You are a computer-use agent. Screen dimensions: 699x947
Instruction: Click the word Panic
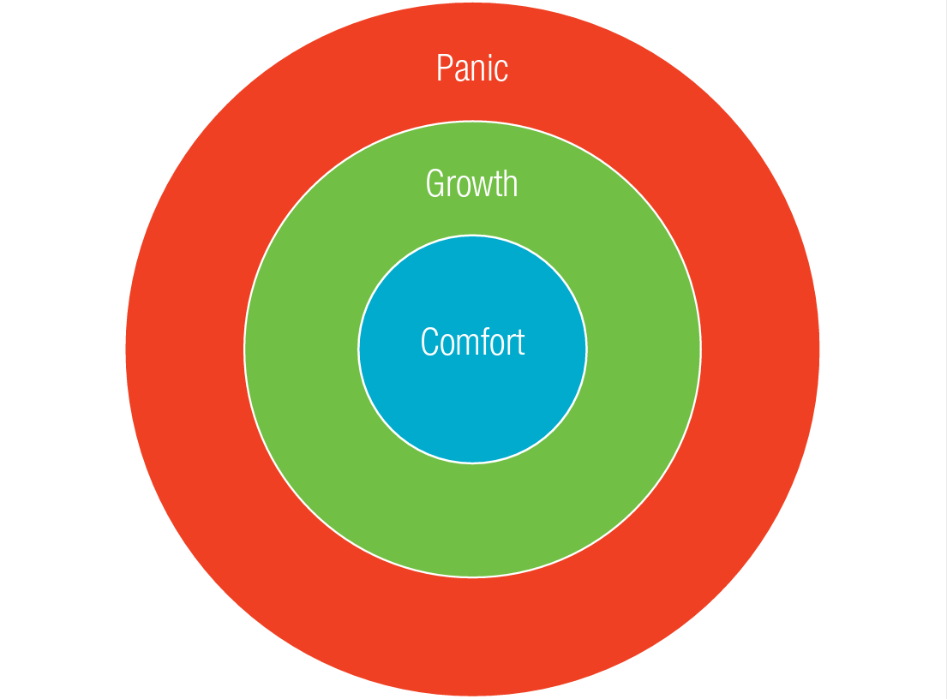click(472, 68)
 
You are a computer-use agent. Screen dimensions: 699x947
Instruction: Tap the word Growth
click(472, 183)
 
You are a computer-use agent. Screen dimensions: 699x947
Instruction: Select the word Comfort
click(472, 342)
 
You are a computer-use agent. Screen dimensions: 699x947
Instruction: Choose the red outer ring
click(472, 634)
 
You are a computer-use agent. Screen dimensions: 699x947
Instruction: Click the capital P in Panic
click(443, 68)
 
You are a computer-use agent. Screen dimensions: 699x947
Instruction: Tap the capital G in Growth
click(435, 183)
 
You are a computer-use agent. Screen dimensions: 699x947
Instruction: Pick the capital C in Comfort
click(429, 342)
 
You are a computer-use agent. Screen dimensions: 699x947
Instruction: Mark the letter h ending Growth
click(511, 183)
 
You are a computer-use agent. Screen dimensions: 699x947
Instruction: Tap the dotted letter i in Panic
click(490, 68)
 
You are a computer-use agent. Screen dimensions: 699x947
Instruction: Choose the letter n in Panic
click(478, 70)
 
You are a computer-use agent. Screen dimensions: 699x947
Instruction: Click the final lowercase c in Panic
click(501, 70)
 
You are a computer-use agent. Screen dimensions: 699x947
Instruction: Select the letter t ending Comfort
click(519, 343)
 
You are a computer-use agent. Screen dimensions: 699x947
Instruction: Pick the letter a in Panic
click(460, 70)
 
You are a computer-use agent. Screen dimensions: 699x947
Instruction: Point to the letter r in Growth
click(451, 186)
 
